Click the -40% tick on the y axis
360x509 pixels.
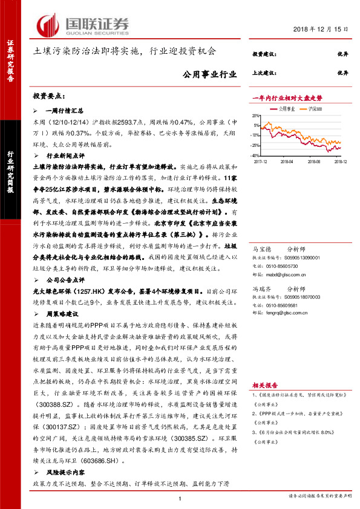click(257, 155)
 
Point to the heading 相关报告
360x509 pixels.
click(264, 384)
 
